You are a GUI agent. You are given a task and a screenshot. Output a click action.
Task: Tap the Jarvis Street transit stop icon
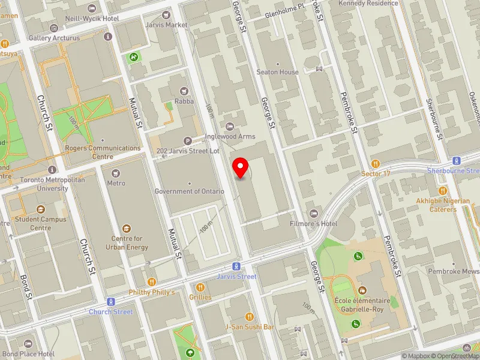[x=238, y=266]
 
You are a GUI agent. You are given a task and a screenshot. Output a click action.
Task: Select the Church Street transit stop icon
[x=110, y=302]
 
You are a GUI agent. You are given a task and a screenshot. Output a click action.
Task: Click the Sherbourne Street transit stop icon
[x=456, y=161]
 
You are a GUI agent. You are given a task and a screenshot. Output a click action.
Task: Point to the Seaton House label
[x=277, y=72]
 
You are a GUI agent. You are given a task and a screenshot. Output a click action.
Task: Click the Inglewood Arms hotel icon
[x=230, y=126]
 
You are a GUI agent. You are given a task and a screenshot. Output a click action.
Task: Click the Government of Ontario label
[x=189, y=191]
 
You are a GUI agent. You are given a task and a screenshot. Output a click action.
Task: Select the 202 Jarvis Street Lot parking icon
[x=188, y=141]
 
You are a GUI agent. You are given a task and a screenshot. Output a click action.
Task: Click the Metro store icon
[x=116, y=173]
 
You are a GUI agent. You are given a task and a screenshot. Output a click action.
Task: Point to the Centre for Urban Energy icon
[x=127, y=229]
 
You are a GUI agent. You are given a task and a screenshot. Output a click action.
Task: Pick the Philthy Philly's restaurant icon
[x=152, y=281]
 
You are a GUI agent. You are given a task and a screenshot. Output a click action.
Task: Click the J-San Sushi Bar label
[x=249, y=327]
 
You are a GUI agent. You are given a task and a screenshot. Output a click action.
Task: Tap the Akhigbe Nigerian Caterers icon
[x=442, y=190]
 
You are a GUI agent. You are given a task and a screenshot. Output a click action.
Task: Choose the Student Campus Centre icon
[x=41, y=209]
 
